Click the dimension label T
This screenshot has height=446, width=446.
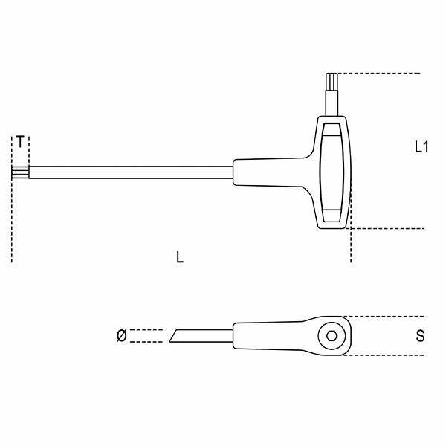[x=21, y=140]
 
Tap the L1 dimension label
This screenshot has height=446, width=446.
[x=421, y=146]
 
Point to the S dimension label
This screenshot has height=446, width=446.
[x=421, y=335]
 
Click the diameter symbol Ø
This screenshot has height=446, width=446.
[x=121, y=336]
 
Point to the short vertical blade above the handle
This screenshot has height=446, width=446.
[x=332, y=100]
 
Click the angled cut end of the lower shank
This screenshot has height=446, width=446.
[x=174, y=336]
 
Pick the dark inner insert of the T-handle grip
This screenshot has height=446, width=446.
[x=332, y=172]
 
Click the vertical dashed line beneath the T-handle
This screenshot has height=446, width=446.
[x=350, y=245]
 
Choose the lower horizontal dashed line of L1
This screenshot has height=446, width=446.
[x=387, y=228]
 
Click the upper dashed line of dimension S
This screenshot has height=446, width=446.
[x=387, y=316]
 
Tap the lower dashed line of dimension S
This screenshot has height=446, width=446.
[x=387, y=355]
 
